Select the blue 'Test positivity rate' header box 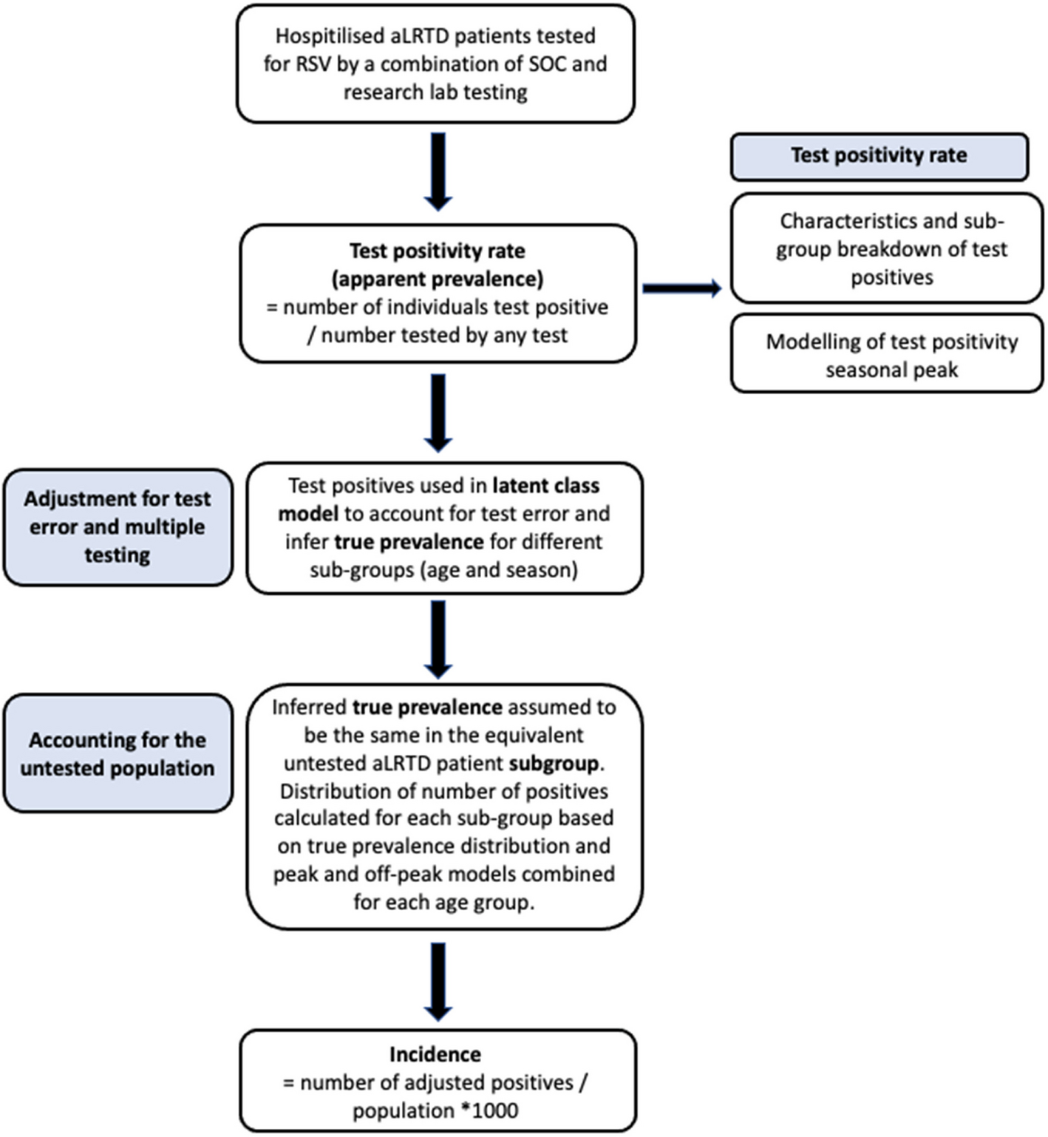pos(879,157)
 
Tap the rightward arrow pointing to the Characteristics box pos(682,288)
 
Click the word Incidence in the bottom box pos(435,1054)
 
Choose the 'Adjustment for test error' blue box pos(118,527)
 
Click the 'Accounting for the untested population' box pos(118,753)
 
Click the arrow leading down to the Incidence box pos(438,982)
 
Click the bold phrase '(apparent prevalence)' pos(438,279)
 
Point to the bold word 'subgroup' pos(554,764)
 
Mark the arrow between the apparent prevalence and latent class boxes pos(438,413)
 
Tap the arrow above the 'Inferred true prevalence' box pos(438,639)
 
